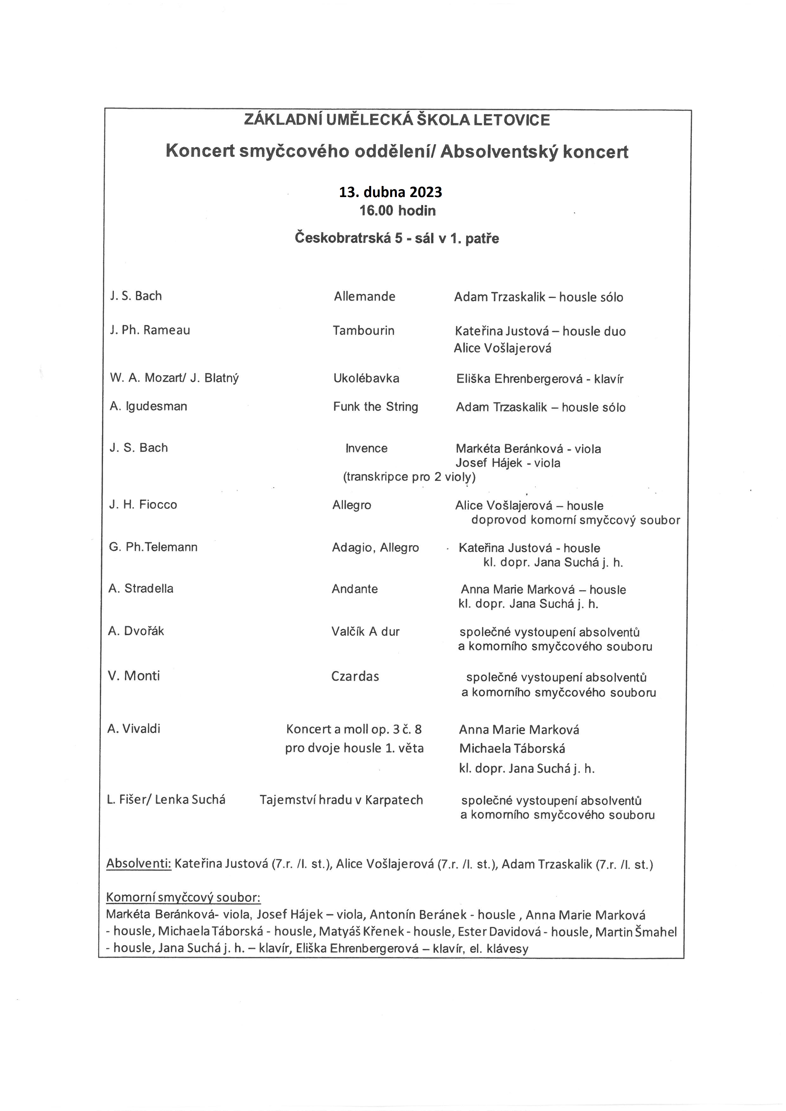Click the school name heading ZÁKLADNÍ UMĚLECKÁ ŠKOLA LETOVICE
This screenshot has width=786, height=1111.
click(x=397, y=120)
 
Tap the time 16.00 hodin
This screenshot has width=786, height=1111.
click(x=397, y=210)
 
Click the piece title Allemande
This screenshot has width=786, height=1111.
click(x=364, y=296)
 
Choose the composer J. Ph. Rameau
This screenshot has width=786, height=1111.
click(x=150, y=330)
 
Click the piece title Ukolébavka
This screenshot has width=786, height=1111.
click(x=366, y=378)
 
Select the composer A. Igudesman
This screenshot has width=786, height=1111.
click(x=148, y=406)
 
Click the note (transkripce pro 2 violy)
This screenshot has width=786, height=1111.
click(x=409, y=477)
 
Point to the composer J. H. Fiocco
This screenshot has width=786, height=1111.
click(x=143, y=505)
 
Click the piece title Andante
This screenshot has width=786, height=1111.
click(x=354, y=589)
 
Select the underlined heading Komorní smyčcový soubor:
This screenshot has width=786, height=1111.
click(x=184, y=897)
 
